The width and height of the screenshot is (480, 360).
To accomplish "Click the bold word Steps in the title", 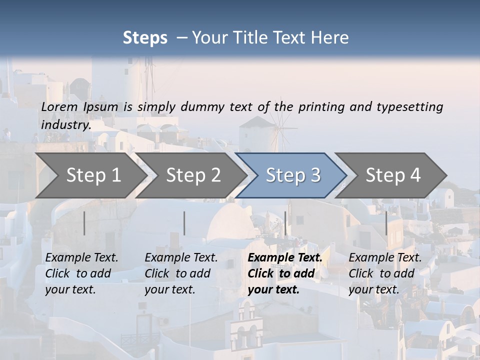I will [145, 38].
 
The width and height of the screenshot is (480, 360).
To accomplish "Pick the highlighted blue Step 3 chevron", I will [293, 175].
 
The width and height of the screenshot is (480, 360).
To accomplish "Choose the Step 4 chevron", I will [393, 175].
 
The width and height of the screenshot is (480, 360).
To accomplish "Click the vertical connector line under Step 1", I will [84, 223].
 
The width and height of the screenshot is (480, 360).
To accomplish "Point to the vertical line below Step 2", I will [184, 223].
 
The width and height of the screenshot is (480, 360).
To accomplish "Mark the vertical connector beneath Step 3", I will [285, 223].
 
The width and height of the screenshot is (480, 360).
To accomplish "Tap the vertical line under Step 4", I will [386, 223].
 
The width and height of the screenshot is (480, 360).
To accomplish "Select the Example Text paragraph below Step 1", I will [81, 273].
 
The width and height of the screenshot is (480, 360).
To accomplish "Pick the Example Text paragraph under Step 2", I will [181, 273].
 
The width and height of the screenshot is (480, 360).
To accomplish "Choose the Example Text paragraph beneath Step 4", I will [385, 273].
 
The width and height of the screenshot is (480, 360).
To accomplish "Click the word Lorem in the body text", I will [59, 106].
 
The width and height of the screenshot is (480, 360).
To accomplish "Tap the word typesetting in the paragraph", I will [409, 106].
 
